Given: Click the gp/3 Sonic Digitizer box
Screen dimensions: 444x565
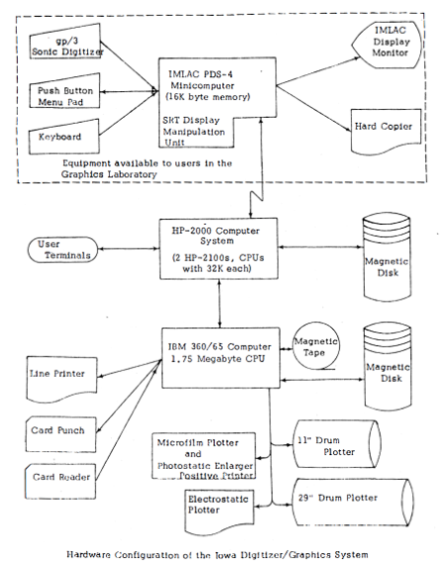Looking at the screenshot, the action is pos(64,42).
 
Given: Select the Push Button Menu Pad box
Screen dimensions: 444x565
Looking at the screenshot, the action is pos(64,91).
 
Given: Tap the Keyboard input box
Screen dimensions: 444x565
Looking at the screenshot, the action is pos(64,137).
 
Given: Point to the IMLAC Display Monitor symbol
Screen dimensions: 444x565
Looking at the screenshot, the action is pos(388,45).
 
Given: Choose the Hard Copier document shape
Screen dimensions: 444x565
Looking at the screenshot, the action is pos(386,132).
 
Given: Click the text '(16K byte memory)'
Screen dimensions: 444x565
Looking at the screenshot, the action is pos(207,97).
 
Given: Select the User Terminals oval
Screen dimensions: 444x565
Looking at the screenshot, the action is pos(63,250).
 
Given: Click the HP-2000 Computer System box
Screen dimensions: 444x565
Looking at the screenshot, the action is pos(219,249).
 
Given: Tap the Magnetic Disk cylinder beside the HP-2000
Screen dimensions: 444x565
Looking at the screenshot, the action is pos(388,258).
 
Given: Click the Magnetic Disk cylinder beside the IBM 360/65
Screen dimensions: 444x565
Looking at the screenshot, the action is pos(388,367).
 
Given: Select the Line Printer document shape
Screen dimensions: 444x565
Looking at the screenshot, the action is pos(61,380).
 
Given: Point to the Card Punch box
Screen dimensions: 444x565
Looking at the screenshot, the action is pos(60,434).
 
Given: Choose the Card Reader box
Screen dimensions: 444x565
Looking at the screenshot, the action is pos(60,481).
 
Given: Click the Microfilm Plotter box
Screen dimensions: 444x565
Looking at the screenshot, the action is pos(203,456).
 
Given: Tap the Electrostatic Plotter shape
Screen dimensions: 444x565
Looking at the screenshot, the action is pos(219,511).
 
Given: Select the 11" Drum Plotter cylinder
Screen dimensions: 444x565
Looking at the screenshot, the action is pos(337,444).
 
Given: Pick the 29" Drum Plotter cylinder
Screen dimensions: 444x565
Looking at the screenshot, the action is pos(353,503).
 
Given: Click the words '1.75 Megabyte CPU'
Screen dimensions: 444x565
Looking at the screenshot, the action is pos(218,359).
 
